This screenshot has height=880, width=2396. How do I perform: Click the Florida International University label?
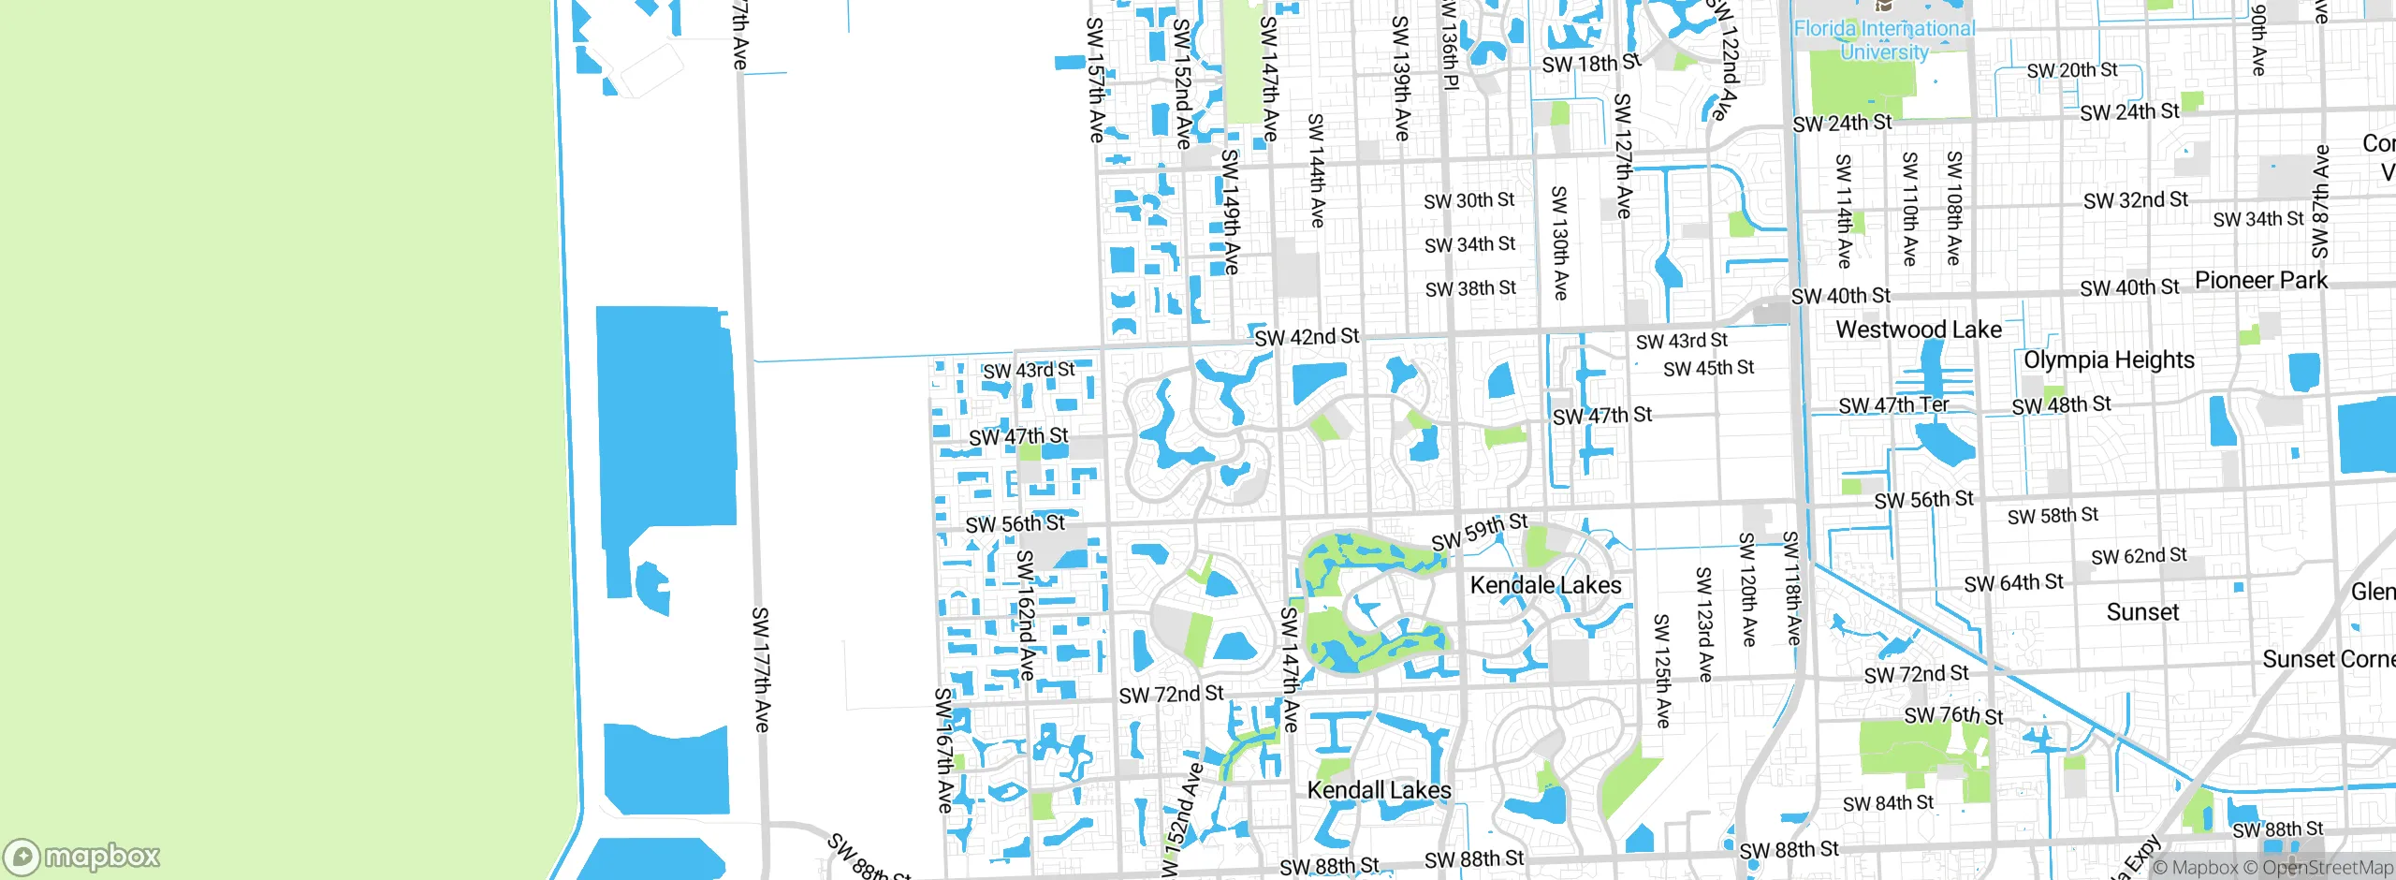(1883, 40)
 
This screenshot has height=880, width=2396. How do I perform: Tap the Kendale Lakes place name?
(1545, 585)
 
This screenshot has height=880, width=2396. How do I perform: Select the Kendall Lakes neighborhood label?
(1379, 790)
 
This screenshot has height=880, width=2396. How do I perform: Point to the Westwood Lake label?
(1919, 330)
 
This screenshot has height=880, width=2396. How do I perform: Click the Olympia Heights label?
(2109, 360)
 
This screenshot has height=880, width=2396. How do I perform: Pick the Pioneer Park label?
(2260, 280)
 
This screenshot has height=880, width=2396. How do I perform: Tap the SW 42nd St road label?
(1307, 336)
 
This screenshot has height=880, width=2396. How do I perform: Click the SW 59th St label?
(1479, 532)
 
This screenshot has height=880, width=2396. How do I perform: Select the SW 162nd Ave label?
(1026, 615)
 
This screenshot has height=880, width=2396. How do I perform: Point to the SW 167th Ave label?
(943, 750)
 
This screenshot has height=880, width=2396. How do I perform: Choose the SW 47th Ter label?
(1893, 405)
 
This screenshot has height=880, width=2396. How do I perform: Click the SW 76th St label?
(1953, 716)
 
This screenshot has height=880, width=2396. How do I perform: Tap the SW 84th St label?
(1888, 803)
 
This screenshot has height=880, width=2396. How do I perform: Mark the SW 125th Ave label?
(1661, 670)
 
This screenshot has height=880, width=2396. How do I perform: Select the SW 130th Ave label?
(1559, 242)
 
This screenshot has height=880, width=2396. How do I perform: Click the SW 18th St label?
(1591, 64)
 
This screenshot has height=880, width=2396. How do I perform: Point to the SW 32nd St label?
(2135, 200)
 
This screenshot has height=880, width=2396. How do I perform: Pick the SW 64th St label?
(2013, 583)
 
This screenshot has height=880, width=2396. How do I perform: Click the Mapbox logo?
(82, 856)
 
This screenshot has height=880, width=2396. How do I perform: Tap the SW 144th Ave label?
(1316, 170)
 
